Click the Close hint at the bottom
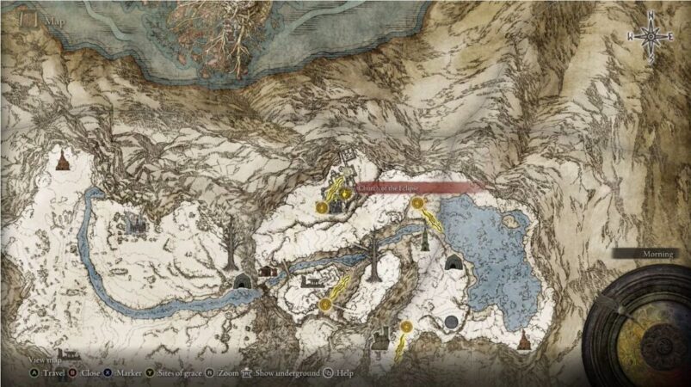click(89, 373)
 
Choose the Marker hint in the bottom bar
click(126, 373)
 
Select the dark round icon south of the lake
click(451, 322)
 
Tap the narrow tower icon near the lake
click(426, 235)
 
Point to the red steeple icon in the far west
click(61, 160)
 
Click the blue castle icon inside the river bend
click(133, 223)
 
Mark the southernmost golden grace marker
click(405, 326)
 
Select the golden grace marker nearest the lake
click(418, 204)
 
